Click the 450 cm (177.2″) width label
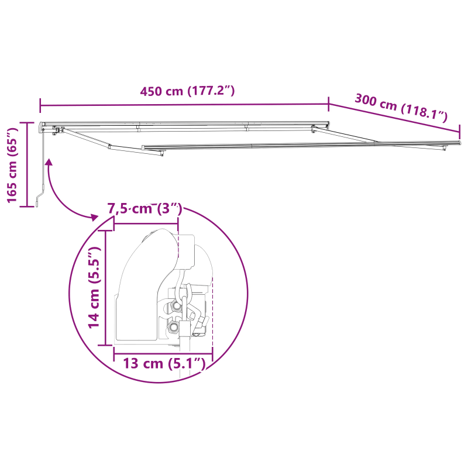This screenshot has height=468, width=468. point(187,91)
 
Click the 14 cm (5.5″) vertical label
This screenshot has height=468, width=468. point(94,287)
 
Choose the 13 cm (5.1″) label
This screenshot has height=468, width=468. point(164,364)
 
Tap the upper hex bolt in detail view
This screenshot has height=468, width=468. point(175,307)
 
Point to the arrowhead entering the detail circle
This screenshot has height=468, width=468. point(94,218)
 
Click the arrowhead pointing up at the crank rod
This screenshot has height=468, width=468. point(49,163)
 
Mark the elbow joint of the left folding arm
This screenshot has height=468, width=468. point(111,146)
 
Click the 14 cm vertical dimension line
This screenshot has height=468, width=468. point(105,287)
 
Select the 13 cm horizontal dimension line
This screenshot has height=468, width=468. point(163,353)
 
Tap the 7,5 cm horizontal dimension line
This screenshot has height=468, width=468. point(146,223)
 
